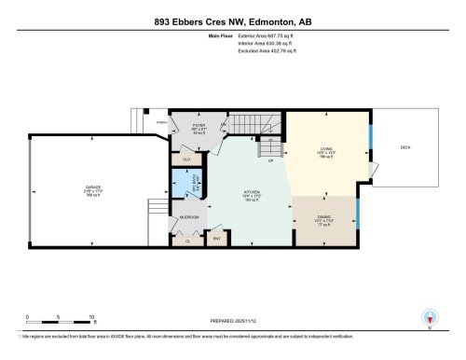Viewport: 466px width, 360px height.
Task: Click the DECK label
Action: (x=405, y=147)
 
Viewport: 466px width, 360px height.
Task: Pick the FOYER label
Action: (x=199, y=125)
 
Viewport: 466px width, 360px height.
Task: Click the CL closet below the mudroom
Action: (x=187, y=241)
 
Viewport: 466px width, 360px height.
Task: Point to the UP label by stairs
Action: (x=270, y=160)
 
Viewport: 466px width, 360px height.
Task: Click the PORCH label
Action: (x=161, y=120)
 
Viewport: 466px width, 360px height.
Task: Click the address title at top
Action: (x=232, y=21)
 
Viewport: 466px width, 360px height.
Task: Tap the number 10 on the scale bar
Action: (x=92, y=317)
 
